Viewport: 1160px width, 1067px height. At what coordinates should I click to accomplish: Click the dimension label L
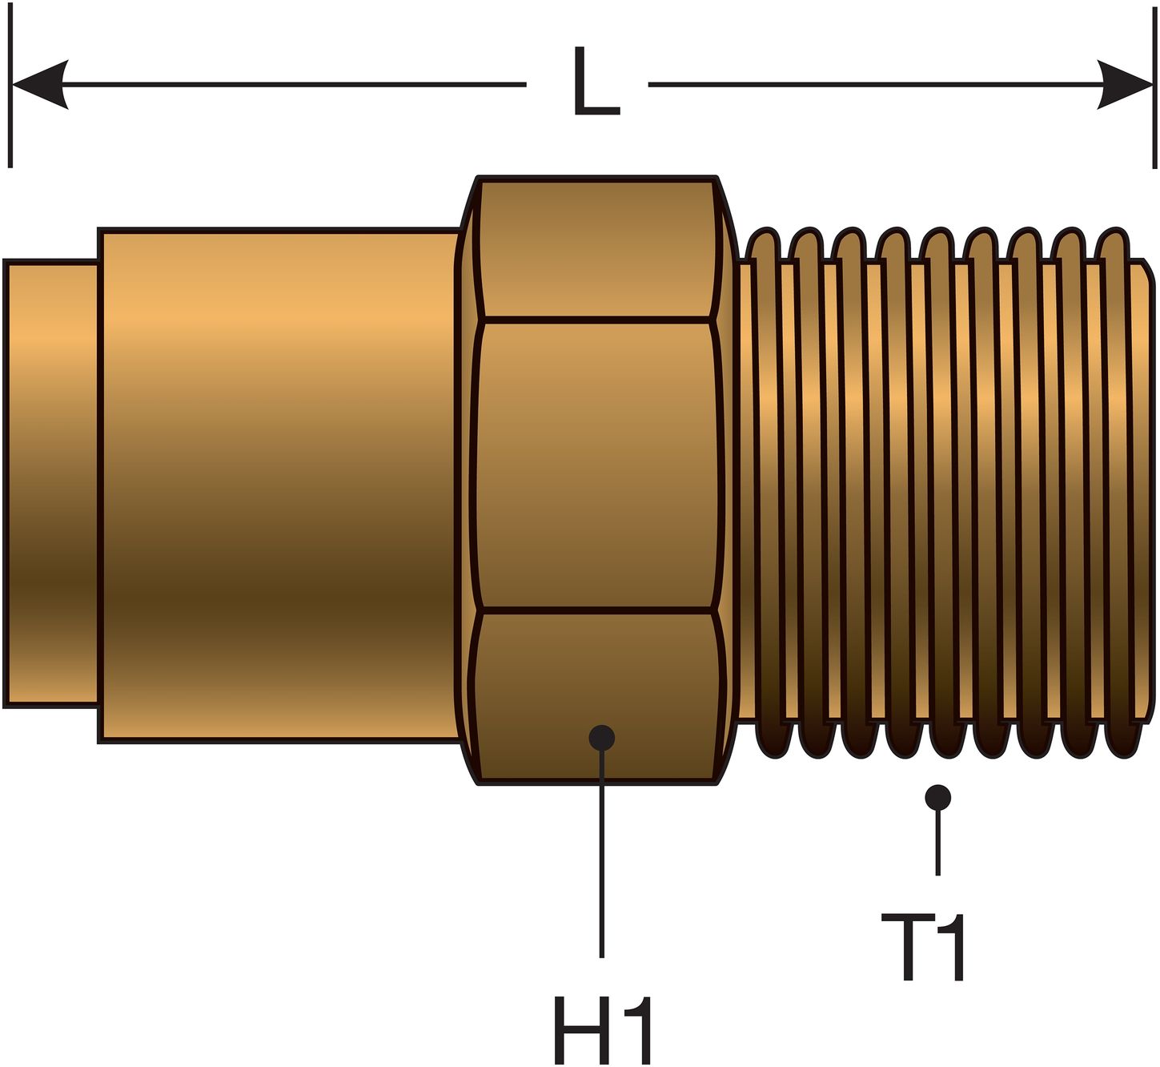click(x=596, y=83)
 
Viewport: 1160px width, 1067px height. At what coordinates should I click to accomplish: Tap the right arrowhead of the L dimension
click(x=1125, y=84)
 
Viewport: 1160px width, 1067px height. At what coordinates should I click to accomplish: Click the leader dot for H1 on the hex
click(x=601, y=737)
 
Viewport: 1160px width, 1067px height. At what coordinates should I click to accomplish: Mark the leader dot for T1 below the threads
click(x=937, y=797)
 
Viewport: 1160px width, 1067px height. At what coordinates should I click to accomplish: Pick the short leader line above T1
click(x=937, y=845)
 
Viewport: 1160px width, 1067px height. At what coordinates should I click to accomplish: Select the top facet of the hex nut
click(x=596, y=248)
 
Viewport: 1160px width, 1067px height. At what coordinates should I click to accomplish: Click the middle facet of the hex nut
click(x=596, y=465)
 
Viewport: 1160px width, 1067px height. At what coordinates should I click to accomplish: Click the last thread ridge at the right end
click(x=1118, y=493)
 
